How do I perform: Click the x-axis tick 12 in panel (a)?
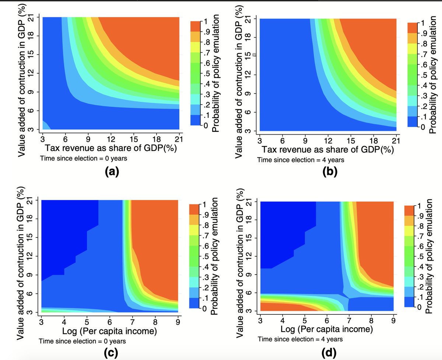[111, 140]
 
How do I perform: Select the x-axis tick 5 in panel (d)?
[305, 320]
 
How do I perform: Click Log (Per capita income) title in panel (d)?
[326, 328]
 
